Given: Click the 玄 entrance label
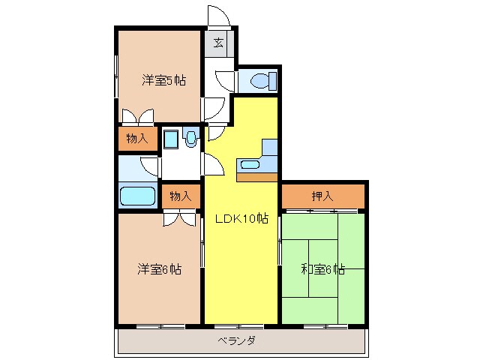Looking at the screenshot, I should pos(217,43).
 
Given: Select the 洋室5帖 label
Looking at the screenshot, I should pos(164,80).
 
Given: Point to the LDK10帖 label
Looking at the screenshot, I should pos(241,220).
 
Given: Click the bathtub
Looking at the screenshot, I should pos(136,196).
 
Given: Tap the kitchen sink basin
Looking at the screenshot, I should pos(249,163).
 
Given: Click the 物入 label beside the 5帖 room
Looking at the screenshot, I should pos(136,139).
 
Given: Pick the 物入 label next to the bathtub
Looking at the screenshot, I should pos(180,196).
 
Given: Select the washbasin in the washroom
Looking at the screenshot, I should pos(190,138).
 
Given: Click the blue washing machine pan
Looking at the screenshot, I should pos(171,139).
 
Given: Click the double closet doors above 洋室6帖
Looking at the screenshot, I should pos(180,218).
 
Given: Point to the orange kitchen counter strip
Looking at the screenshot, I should pos(256,177).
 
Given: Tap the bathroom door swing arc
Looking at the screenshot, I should pos(150,166).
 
